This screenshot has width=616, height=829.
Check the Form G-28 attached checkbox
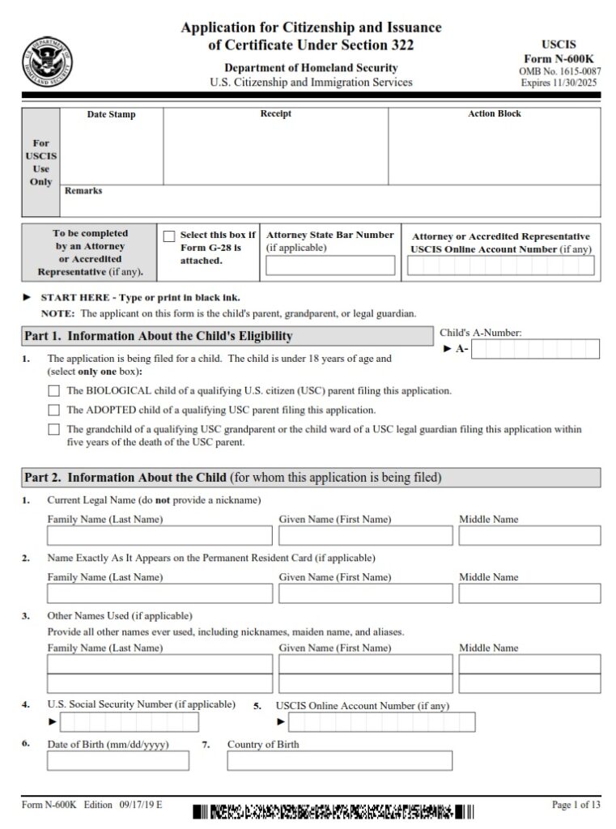click(x=169, y=236)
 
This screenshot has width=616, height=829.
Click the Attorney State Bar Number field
click(x=330, y=266)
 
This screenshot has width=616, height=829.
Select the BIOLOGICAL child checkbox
click(x=54, y=390)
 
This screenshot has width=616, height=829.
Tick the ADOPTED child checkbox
click(x=54, y=410)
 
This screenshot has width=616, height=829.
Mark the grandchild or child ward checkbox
click(x=54, y=430)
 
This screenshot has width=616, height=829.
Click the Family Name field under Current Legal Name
click(x=159, y=536)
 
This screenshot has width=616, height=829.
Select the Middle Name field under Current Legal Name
click(x=529, y=536)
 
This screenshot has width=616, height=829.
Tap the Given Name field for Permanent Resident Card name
click(x=365, y=593)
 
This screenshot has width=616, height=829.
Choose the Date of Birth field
click(x=118, y=761)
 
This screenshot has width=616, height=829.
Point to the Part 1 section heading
click(x=159, y=336)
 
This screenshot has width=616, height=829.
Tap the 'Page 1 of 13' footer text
click(x=576, y=805)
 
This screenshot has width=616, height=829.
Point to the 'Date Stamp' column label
click(x=111, y=115)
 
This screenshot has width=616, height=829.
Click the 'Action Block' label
click(x=494, y=114)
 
